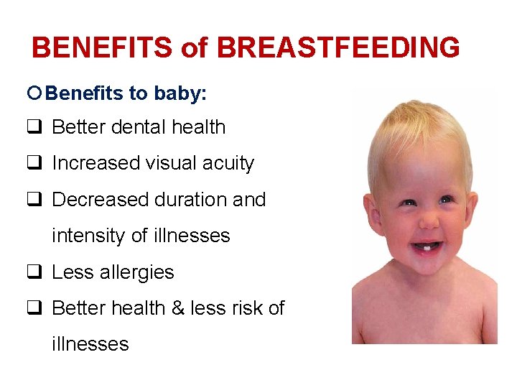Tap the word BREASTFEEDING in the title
point(338,48)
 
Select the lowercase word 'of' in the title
point(194,48)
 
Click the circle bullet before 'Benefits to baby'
point(37,93)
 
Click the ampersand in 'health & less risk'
point(178,308)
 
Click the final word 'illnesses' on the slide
point(90,344)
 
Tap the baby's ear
point(372,216)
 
